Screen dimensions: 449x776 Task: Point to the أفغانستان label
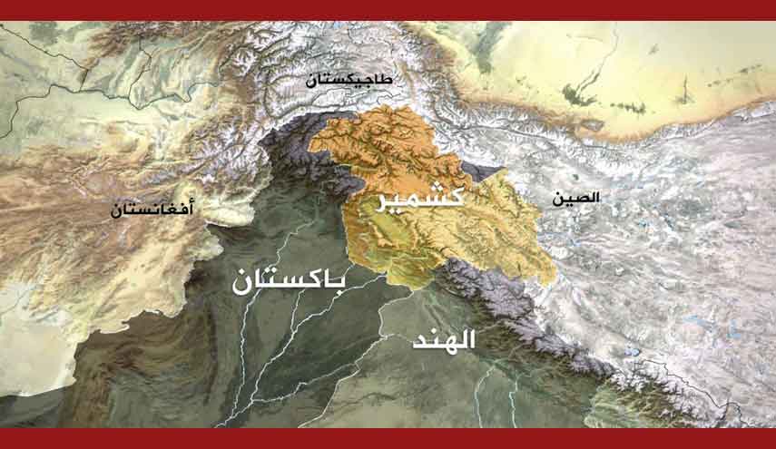tap(152, 210)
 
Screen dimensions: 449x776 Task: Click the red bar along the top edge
tap(388, 9)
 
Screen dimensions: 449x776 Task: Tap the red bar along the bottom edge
tap(388, 438)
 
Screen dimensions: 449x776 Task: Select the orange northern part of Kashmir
tap(386, 145)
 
